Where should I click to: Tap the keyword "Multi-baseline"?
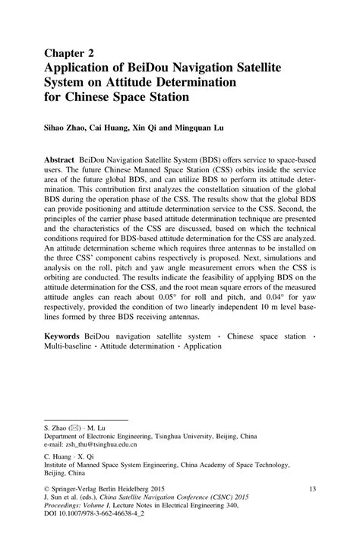click(x=64, y=346)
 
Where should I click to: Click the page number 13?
click(x=314, y=491)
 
